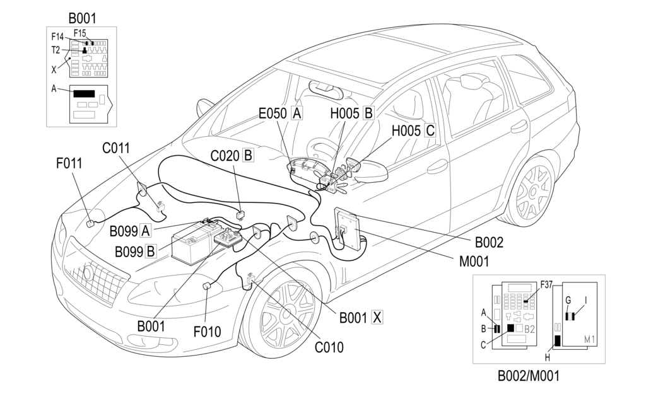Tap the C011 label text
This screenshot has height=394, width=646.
115,148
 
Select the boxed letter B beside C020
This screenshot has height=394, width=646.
248,154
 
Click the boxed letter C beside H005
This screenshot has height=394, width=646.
430,130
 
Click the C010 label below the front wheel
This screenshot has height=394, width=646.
329,346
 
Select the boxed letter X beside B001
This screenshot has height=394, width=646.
377,317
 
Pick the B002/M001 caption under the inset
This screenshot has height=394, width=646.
528,376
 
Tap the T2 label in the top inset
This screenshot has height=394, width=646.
56,49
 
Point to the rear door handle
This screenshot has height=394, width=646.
519,126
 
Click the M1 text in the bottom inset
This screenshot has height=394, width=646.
590,340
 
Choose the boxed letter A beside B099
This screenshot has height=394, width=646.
146,229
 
